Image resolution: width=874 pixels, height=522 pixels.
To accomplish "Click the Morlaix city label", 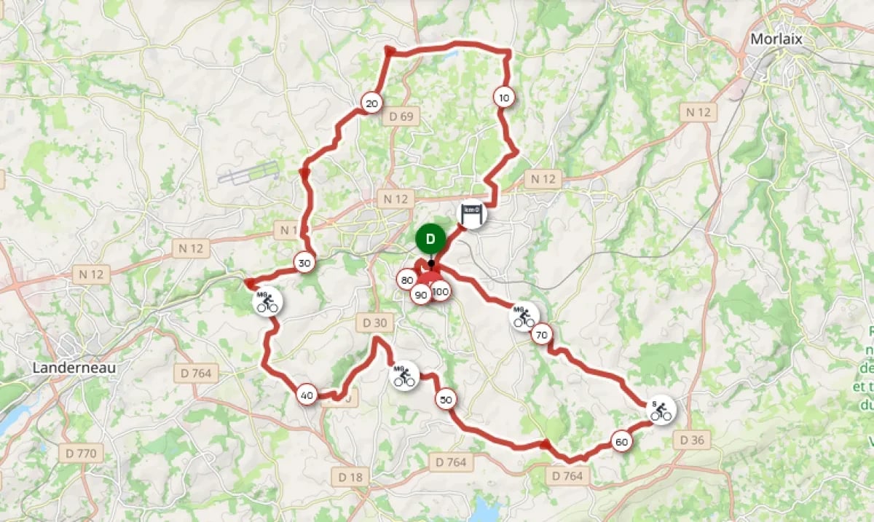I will click(x=776, y=39).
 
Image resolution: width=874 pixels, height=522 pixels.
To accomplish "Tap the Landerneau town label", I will click(x=74, y=368).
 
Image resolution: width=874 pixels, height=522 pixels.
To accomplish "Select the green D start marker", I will click(x=430, y=238).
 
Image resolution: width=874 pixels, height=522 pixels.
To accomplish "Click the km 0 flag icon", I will click(x=472, y=213).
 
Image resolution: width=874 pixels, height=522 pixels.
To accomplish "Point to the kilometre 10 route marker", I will click(x=503, y=97).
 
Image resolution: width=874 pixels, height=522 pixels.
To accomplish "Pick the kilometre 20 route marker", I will click(x=371, y=104).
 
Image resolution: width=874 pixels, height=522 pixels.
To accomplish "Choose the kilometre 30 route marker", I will click(x=304, y=264).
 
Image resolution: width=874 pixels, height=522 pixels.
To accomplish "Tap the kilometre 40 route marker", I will click(x=307, y=396).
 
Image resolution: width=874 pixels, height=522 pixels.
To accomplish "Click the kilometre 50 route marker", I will click(x=446, y=399).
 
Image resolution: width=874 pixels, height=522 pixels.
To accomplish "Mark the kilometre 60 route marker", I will click(x=621, y=442).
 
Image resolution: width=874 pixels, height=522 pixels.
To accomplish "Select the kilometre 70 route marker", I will click(x=541, y=335).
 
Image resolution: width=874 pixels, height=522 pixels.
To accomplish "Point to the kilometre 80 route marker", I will click(x=406, y=280).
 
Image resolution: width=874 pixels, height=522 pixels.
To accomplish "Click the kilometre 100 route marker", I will click(x=440, y=292).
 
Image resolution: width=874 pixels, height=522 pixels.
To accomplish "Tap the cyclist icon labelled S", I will click(x=661, y=411).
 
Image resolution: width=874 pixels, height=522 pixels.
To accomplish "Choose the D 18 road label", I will click(x=350, y=477).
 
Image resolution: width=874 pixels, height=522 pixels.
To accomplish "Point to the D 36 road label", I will click(x=693, y=440).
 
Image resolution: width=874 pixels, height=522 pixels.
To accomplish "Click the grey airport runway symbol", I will click(x=248, y=173).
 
